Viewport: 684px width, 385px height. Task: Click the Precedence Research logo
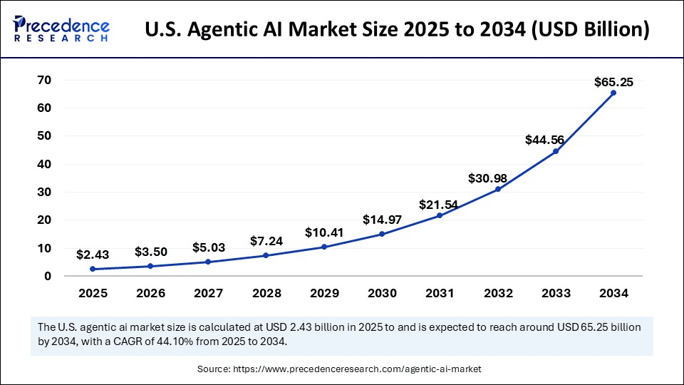pos(61,30)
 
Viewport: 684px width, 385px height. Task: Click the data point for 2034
pos(613,93)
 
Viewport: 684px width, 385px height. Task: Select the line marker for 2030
pos(382,234)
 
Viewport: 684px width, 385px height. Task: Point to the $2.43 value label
pos(93,254)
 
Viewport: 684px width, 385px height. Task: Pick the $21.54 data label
pos(440,205)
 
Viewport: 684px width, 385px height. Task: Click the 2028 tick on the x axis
pos(266,293)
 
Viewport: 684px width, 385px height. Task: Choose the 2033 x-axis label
pos(556,293)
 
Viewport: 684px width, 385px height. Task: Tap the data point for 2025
pos(93,269)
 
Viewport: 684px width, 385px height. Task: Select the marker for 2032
pos(498,189)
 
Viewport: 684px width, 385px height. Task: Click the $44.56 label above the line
pos(556,140)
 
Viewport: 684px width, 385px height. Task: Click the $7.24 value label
pos(266,241)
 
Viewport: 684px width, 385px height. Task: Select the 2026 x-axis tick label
pos(150,293)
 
